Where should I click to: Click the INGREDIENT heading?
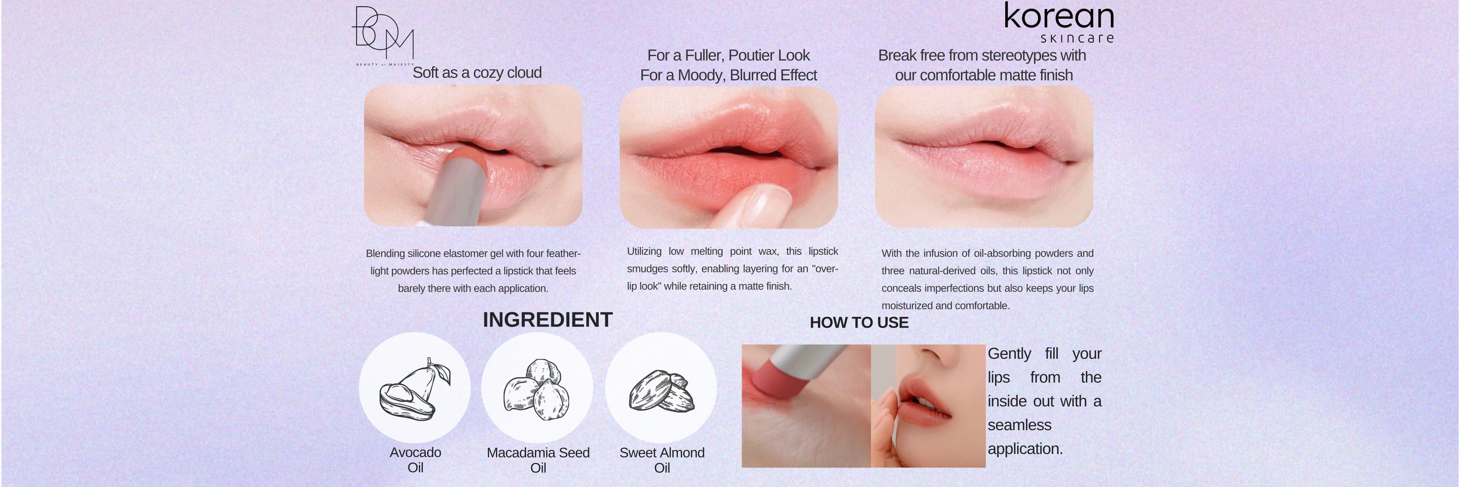coord(547,320)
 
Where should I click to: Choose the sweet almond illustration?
coord(661,391)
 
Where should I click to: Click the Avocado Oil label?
coord(415,460)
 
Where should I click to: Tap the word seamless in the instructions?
coord(1020,425)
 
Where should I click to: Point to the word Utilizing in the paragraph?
coord(644,252)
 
